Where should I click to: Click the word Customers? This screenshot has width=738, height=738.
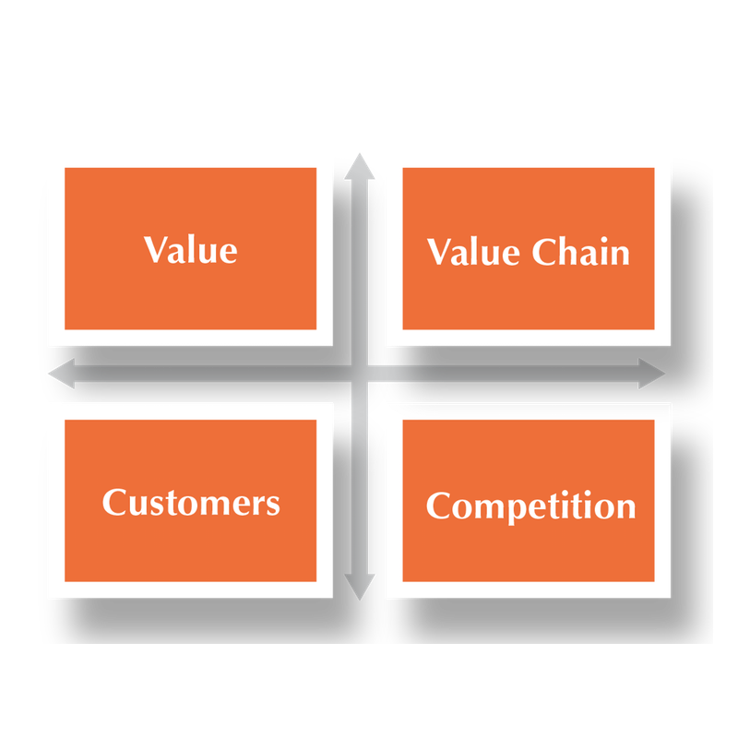pos(191,502)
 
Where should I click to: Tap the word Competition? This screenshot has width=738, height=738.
pos(531,506)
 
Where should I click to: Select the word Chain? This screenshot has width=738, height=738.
pos(581,252)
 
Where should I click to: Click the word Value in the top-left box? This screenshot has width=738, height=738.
pos(191,249)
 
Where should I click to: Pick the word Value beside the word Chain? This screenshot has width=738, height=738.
pos(473,252)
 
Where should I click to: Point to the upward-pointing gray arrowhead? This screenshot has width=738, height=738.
pos(360,167)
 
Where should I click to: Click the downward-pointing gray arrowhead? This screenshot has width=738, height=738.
pos(360,587)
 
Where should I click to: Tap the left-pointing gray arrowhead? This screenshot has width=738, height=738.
pos(62,374)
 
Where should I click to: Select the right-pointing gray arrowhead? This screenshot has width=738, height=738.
pos(651,374)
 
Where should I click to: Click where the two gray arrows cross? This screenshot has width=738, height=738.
pos(360,374)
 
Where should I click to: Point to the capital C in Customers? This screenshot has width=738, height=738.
pos(114,502)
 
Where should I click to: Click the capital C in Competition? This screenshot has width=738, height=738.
pos(438,505)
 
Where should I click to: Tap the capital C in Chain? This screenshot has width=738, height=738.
pos(545,251)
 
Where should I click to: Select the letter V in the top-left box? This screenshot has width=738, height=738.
pos(158,249)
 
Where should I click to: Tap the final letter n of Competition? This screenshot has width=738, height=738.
pos(625,509)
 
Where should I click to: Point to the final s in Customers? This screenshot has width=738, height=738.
pos(273,506)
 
